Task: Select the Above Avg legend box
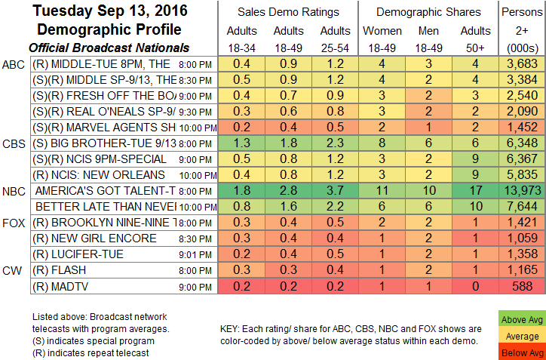coord(521,320)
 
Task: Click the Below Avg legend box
coord(521,352)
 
